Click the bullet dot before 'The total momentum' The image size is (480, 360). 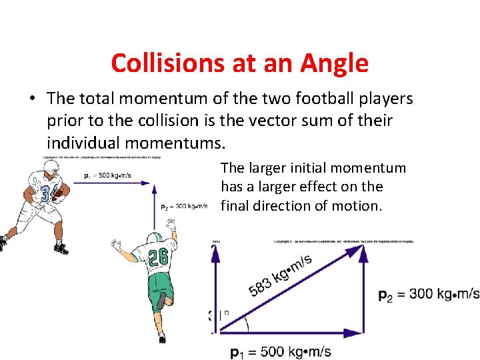tap(31, 99)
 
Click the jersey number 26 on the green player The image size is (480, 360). tap(158, 257)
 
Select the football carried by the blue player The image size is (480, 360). tap(59, 194)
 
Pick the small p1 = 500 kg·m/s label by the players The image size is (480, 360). tap(109, 176)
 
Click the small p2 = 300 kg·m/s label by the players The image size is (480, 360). tap(185, 207)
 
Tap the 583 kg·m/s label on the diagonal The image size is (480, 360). tap(280, 275)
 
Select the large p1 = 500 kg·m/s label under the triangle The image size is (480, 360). tap(280, 352)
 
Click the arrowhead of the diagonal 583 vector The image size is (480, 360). tap(357, 251)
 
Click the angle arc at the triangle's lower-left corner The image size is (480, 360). tap(247, 324)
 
